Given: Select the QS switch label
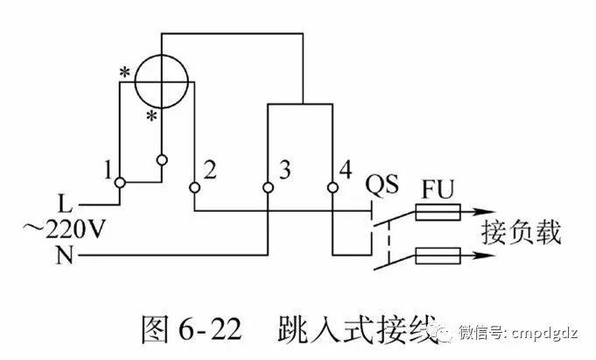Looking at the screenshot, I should click(x=382, y=186).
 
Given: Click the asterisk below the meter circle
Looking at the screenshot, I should click(x=151, y=117).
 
